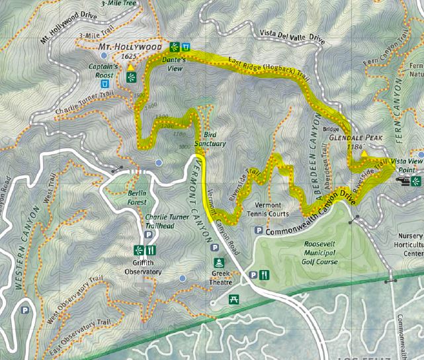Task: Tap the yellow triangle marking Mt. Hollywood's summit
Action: [132, 67]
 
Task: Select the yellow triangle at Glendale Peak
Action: [363, 155]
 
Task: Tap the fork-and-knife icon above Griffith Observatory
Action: [151, 250]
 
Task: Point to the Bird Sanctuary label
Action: [215, 139]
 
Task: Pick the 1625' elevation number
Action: [130, 58]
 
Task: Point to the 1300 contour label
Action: [162, 117]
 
